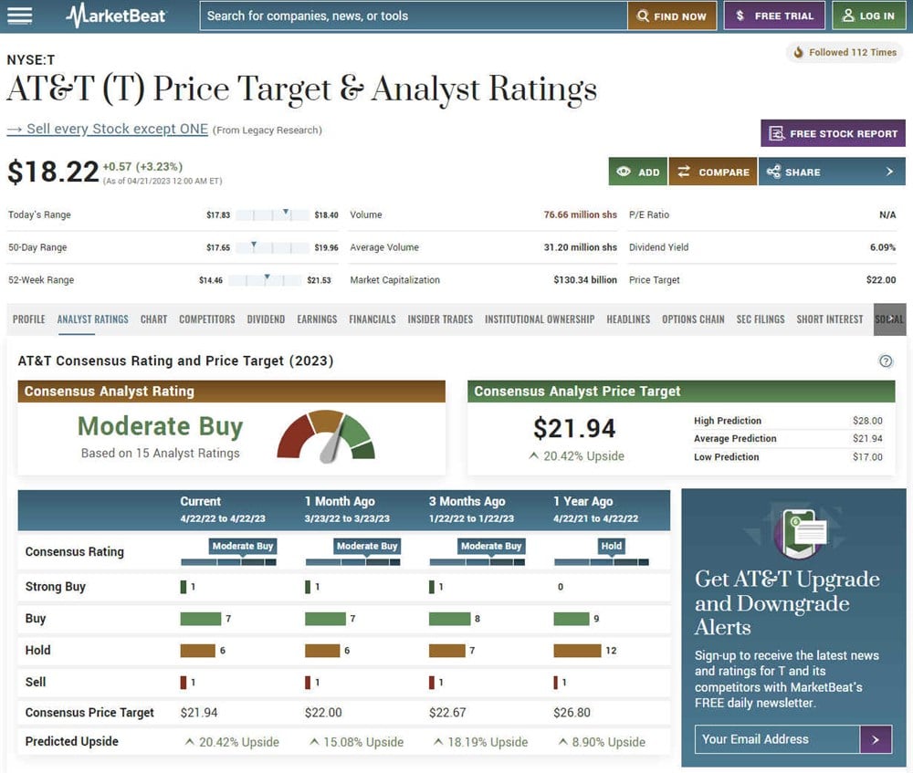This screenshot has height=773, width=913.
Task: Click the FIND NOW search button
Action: click(x=672, y=16)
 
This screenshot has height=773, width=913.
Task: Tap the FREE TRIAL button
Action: click(x=774, y=16)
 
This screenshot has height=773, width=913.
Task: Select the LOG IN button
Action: click(x=868, y=16)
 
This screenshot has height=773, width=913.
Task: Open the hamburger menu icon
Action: click(x=19, y=16)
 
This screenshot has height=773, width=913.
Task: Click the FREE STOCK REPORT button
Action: click(x=833, y=133)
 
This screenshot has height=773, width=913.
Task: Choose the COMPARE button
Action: click(x=712, y=172)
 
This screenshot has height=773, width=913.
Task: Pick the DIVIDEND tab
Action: click(x=266, y=319)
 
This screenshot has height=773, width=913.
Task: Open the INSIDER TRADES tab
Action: click(x=440, y=319)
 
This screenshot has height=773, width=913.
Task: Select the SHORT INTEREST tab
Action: click(x=829, y=319)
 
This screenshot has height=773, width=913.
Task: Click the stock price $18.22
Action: click(x=53, y=172)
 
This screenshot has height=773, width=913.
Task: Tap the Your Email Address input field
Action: click(x=777, y=739)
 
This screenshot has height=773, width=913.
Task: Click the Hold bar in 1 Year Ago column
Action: click(x=577, y=651)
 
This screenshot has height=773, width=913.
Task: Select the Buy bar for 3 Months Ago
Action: click(x=448, y=619)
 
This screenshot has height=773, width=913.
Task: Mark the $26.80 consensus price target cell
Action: click(x=572, y=712)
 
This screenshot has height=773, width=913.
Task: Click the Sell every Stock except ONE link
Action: click(x=108, y=129)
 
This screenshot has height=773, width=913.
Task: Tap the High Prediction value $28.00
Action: click(x=866, y=421)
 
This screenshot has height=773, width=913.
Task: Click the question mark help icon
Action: click(x=886, y=360)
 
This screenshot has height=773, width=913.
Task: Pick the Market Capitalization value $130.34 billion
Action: click(x=584, y=280)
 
